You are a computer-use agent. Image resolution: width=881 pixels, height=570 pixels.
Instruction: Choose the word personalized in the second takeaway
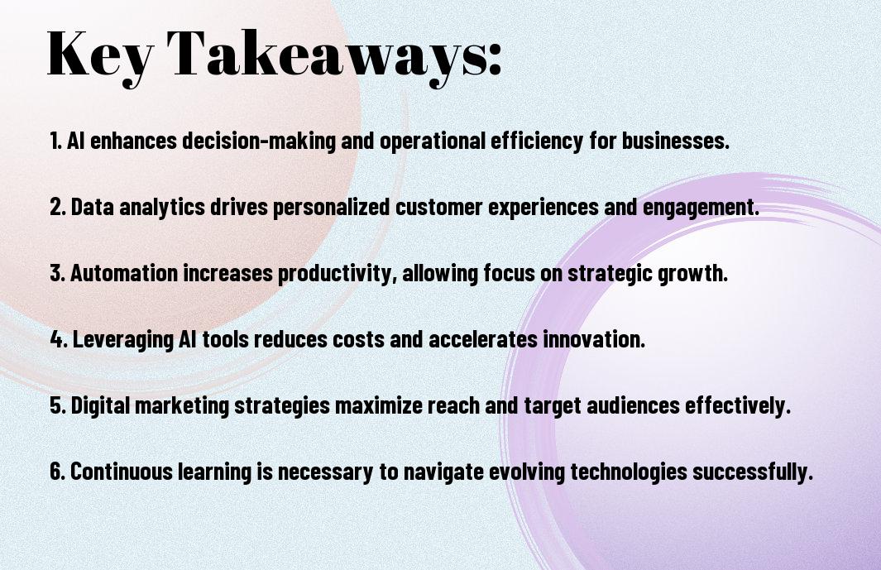coord(331,207)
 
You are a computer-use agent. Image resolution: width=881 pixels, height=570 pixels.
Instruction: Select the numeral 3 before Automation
coord(55,273)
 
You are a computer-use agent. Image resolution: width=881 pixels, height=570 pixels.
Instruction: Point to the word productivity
coord(331,274)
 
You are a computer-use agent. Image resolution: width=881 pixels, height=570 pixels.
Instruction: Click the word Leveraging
coord(123,339)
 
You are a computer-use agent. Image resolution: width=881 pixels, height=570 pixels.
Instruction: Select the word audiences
coord(633,406)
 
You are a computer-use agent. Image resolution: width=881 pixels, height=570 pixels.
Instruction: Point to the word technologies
coord(629,472)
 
